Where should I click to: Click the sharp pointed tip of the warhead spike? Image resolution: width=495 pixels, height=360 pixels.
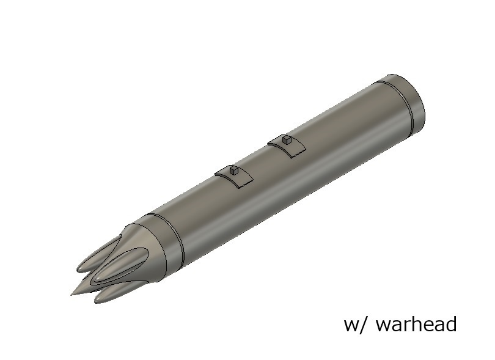point(73,293)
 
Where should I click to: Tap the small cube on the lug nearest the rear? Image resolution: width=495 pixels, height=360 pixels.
point(285,140)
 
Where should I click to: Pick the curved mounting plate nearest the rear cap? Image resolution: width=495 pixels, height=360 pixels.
point(288,147)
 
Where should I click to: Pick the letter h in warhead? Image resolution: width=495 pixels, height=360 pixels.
point(416,323)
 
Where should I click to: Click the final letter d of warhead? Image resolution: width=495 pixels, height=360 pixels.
point(450,323)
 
